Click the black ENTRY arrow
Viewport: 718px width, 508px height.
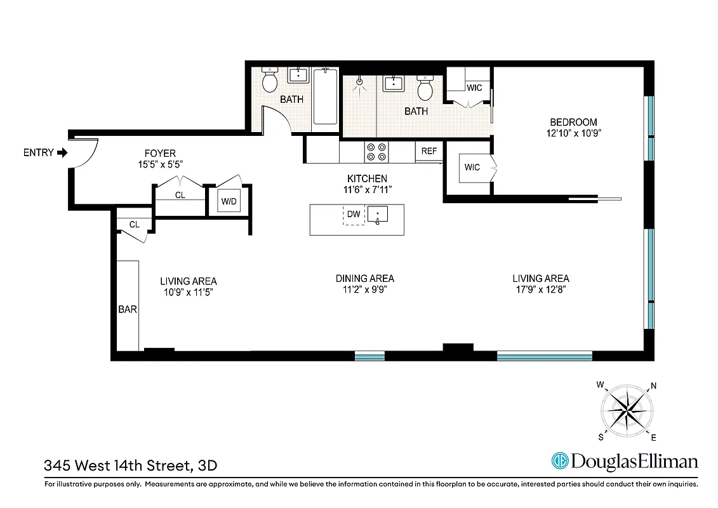pos(62,153)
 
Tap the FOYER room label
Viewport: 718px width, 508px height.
pos(159,154)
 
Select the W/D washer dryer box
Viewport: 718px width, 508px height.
pos(229,202)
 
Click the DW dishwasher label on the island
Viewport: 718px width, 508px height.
pos(354,215)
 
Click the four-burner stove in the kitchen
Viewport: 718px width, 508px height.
pos(375,152)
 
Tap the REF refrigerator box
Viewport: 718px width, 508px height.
pos(429,151)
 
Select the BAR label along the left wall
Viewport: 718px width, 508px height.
pos(128,310)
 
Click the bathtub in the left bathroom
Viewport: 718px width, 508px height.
pos(325,97)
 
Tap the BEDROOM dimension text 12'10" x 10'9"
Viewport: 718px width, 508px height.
pos(573,133)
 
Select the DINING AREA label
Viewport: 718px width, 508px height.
pos(364,278)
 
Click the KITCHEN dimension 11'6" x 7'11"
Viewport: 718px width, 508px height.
pos(366,189)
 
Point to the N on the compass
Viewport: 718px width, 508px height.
pos(653,386)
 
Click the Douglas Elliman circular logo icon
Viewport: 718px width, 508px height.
pos(559,461)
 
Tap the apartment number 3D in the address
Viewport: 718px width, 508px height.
pos(208,465)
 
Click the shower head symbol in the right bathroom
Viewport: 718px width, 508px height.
pos(359,82)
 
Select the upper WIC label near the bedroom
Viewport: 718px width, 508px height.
pos(474,88)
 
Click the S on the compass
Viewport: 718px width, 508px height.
pos(601,436)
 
